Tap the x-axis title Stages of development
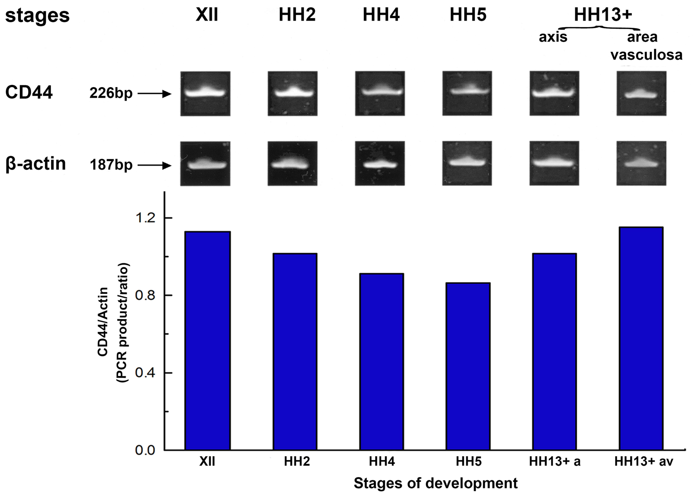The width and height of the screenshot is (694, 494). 436,483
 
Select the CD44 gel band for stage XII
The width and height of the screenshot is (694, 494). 205,92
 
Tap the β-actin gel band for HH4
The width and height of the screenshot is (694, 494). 380,165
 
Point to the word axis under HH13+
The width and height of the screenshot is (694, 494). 553,37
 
